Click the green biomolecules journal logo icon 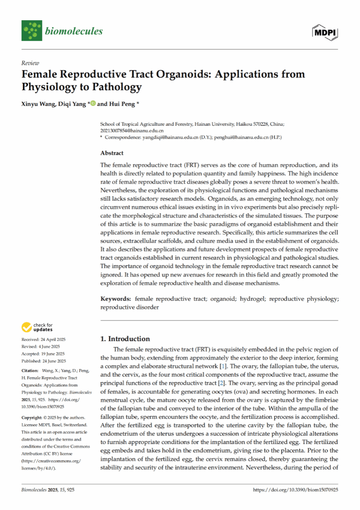click(x=31, y=31)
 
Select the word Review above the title click(x=30, y=63)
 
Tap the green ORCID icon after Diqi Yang click(x=93, y=104)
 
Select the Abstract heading click(x=112, y=153)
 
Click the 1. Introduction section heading click(x=125, y=339)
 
